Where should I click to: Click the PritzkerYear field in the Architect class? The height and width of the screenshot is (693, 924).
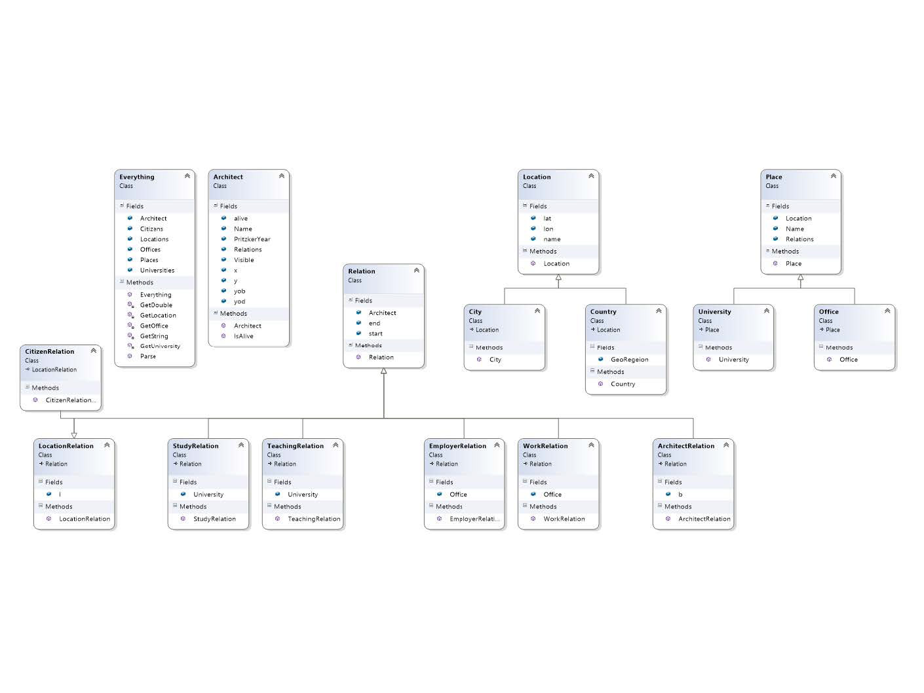[x=252, y=239]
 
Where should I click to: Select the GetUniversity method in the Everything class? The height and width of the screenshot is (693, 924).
[x=159, y=346]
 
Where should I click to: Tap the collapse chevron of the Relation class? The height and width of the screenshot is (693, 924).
[x=416, y=271]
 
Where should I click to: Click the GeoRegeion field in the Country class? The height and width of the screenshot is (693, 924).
[x=629, y=359]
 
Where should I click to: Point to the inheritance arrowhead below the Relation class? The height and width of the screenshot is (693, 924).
[x=384, y=371]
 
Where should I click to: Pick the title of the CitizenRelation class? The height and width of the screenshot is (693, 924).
[x=50, y=352]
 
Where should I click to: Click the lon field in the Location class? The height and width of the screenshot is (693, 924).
[x=549, y=229]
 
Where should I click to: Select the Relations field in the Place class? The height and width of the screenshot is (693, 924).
[x=799, y=239]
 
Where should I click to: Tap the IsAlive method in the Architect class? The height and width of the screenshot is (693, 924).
[x=243, y=336]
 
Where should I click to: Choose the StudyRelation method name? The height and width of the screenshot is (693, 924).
[x=214, y=519]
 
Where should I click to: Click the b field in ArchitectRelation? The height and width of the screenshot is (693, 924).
[x=680, y=495]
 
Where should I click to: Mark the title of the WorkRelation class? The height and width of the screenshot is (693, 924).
[x=545, y=446]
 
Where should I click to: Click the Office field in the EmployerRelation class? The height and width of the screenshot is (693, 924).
[x=458, y=495]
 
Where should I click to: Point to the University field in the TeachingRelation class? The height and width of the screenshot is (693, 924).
[x=303, y=495]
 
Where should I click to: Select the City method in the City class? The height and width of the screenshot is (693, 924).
[x=495, y=360]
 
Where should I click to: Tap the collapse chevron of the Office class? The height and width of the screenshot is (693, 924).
[x=887, y=311]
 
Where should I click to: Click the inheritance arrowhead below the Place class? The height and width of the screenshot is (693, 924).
[x=800, y=278]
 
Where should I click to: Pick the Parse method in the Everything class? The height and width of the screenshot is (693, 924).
[x=148, y=356]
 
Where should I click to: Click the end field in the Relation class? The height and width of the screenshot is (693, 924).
[x=374, y=323]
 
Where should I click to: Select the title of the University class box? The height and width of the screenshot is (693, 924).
[x=714, y=312]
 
